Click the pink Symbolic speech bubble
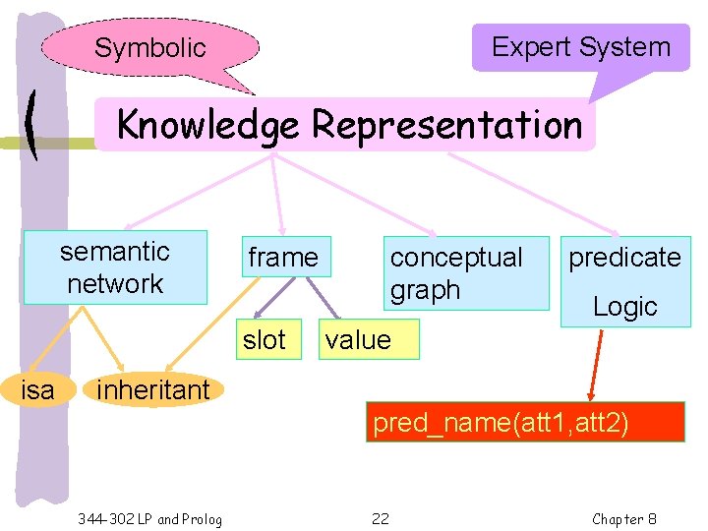click(x=150, y=47)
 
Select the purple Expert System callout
click(x=580, y=47)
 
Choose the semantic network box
click(x=115, y=267)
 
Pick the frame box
click(x=283, y=258)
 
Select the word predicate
click(x=624, y=258)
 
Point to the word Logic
click(x=624, y=307)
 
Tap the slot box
click(x=264, y=340)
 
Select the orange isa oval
click(x=38, y=389)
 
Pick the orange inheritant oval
click(x=152, y=389)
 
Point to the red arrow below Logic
click(x=596, y=364)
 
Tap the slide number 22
click(x=381, y=519)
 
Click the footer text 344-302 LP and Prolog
click(x=149, y=519)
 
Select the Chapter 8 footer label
click(x=624, y=519)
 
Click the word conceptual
click(x=456, y=258)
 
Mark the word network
click(x=115, y=284)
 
